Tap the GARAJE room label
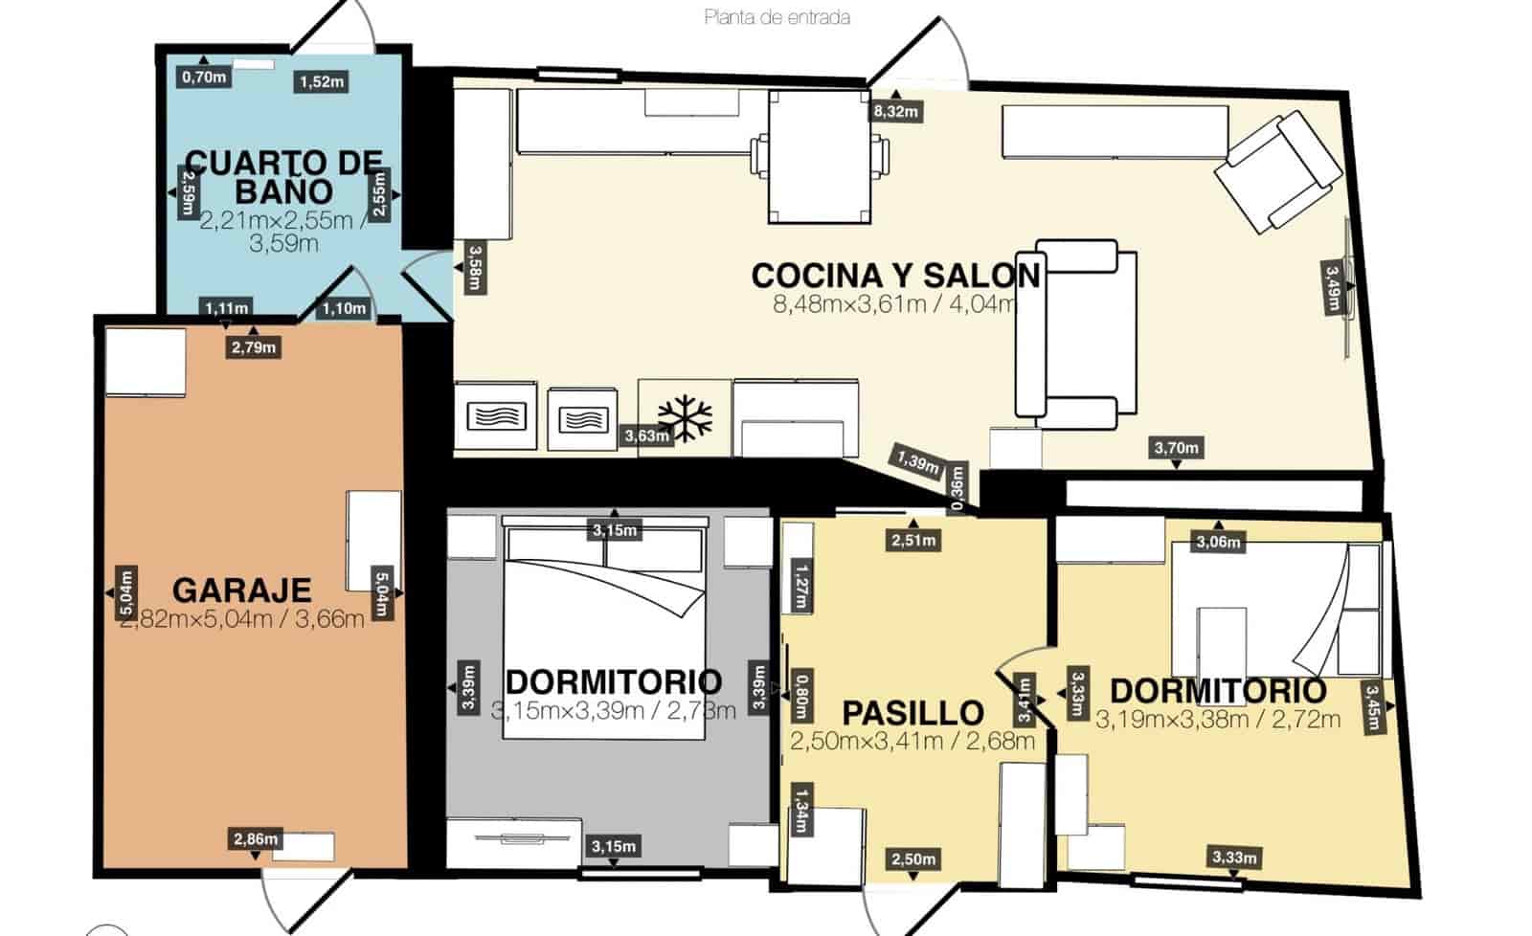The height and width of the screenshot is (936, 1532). [x=242, y=590]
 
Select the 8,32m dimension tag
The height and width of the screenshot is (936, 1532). [x=895, y=112]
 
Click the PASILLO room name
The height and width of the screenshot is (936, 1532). [x=912, y=713]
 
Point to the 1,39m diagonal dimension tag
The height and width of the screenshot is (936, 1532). [x=918, y=463]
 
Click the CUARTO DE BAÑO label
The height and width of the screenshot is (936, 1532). [x=283, y=175]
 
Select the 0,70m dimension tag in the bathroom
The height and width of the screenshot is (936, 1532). [x=204, y=77]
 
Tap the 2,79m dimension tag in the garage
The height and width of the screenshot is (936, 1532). [x=254, y=347]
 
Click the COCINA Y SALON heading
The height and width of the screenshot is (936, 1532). [x=895, y=276]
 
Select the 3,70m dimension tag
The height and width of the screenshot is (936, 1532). [x=1176, y=447]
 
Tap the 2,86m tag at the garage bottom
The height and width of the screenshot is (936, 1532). [x=256, y=839]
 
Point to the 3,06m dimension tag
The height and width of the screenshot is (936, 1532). [x=1218, y=543]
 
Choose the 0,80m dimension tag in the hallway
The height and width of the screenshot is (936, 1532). [x=801, y=697]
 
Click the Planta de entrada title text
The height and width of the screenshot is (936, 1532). [x=777, y=17]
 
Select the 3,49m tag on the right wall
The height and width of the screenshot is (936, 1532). [x=1332, y=286]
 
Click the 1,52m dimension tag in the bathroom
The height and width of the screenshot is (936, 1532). [x=321, y=81]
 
